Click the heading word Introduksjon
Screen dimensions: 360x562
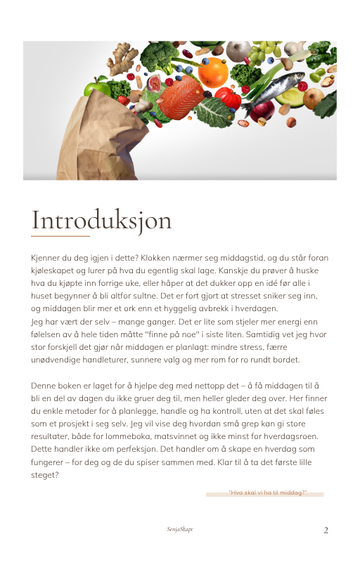point(101,220)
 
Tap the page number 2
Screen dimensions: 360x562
point(326,530)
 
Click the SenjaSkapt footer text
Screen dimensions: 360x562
point(180,529)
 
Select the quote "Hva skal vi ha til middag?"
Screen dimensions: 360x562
point(268,492)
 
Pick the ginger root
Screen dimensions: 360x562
point(127,55)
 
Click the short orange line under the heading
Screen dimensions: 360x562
point(60,237)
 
